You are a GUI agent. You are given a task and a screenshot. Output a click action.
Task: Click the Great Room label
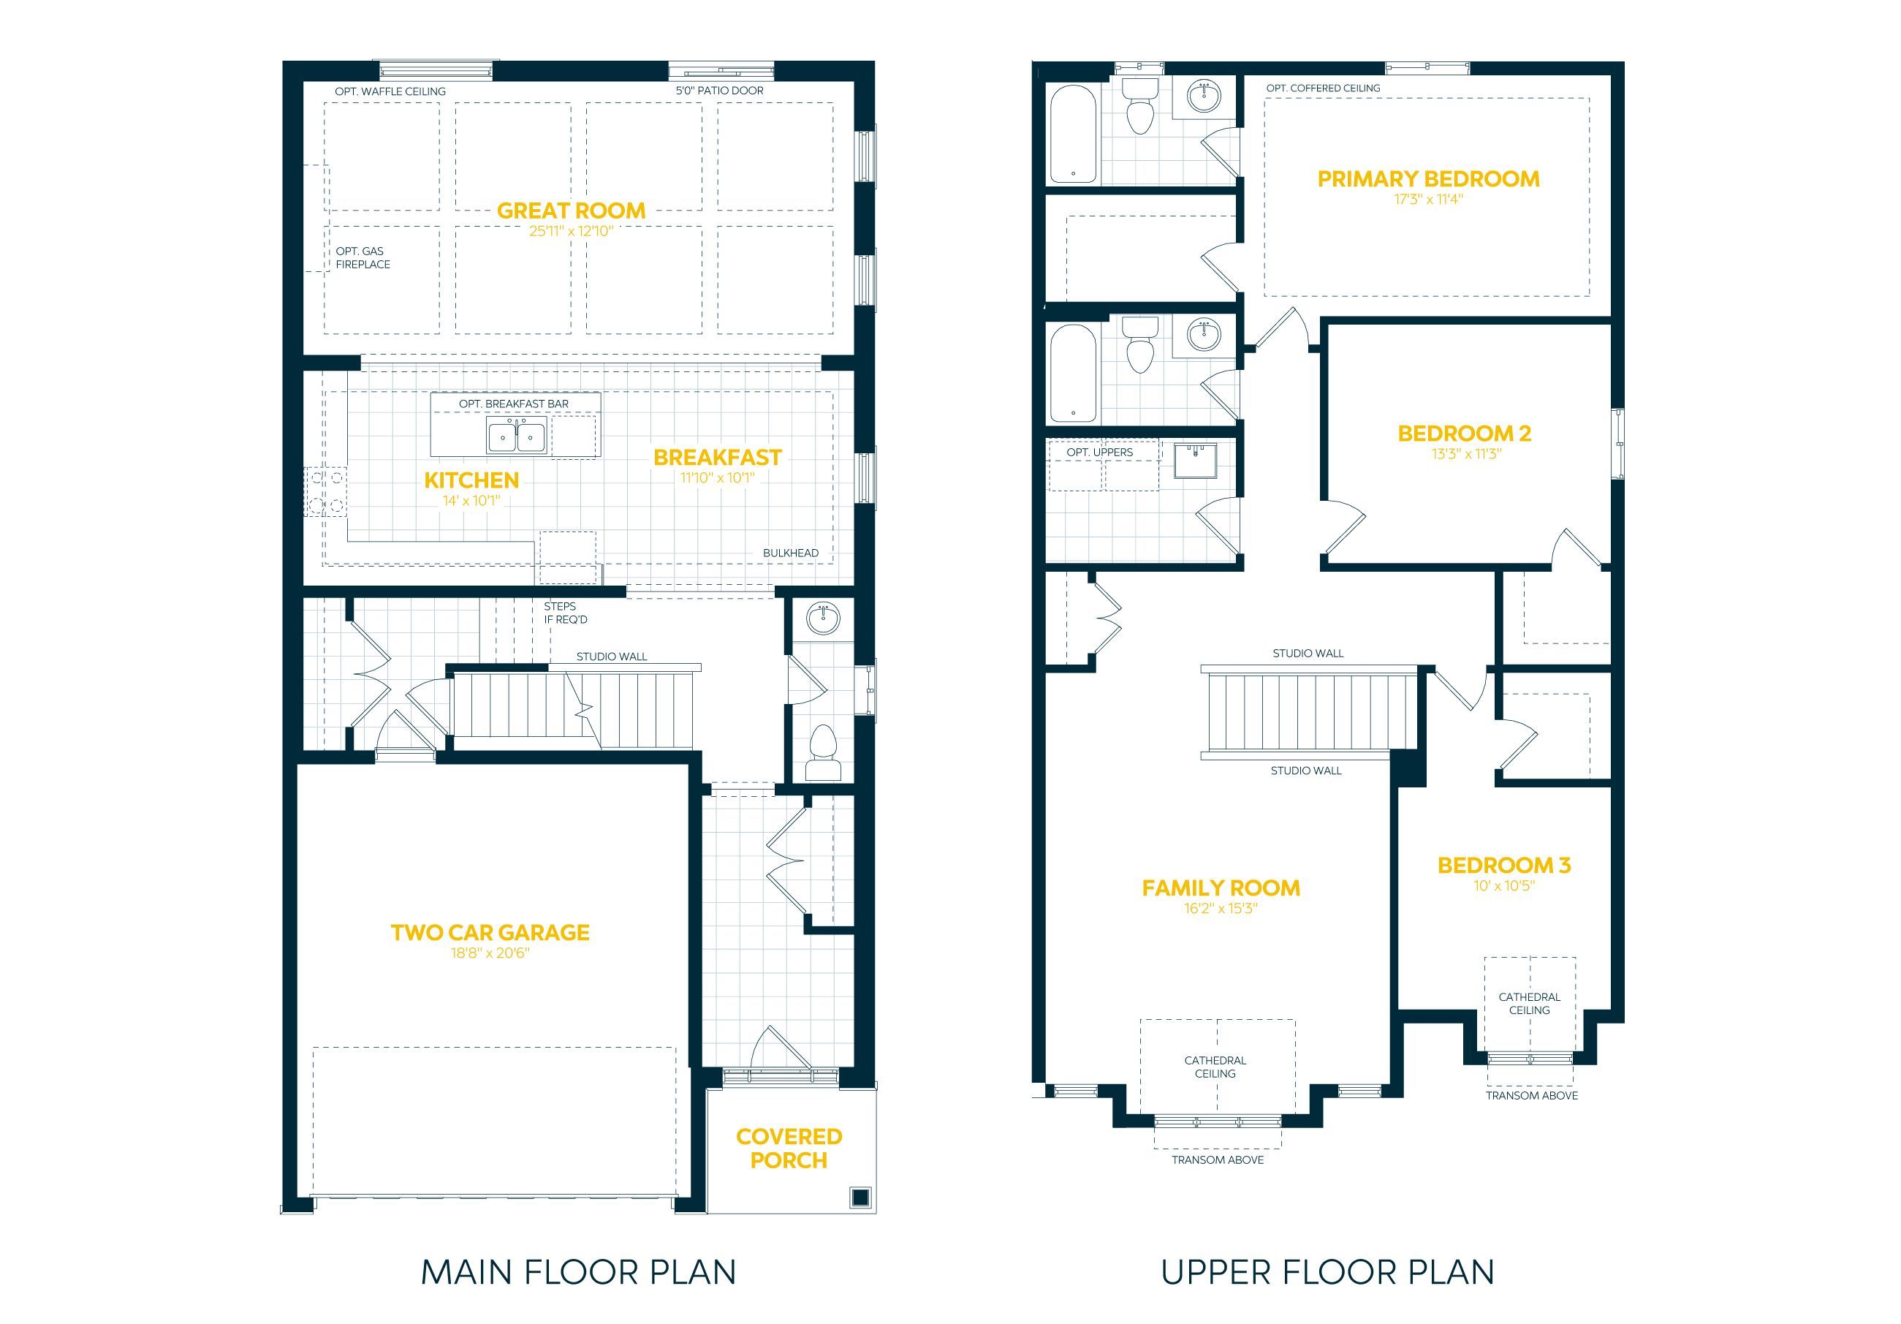(x=572, y=211)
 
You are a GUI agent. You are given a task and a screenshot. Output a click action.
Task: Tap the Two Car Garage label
(x=490, y=932)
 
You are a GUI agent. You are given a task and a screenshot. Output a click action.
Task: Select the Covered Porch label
(x=789, y=1149)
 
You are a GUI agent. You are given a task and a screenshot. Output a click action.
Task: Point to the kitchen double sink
(x=517, y=436)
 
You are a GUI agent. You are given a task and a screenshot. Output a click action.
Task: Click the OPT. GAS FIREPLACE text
(x=363, y=257)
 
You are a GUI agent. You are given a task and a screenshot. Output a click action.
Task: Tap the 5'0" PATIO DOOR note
(x=719, y=90)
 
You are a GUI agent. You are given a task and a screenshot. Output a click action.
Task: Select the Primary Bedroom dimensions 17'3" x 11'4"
(x=1428, y=200)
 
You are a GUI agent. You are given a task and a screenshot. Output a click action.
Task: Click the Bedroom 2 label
(x=1465, y=433)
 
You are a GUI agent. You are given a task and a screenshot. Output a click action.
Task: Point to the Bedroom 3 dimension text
(x=1503, y=886)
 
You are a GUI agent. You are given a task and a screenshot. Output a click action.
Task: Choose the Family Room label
(x=1221, y=888)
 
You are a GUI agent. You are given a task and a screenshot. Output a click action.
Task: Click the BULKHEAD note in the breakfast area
(x=791, y=553)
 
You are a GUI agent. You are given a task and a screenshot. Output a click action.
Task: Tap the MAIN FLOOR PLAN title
(x=579, y=1272)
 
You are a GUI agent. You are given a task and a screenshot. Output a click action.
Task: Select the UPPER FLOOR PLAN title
(x=1328, y=1272)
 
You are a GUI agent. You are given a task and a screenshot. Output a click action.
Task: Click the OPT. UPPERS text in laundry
(x=1099, y=453)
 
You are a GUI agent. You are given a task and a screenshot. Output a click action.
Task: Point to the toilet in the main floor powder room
(x=823, y=752)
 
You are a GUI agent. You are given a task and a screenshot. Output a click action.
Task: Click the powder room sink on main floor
(x=823, y=618)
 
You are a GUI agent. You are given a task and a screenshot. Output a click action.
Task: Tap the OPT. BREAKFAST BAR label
(x=514, y=404)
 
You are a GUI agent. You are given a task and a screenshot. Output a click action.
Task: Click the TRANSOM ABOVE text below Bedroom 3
(x=1532, y=1095)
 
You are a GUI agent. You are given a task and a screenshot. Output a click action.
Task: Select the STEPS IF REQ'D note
(x=566, y=613)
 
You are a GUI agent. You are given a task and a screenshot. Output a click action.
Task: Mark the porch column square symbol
(x=860, y=1197)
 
